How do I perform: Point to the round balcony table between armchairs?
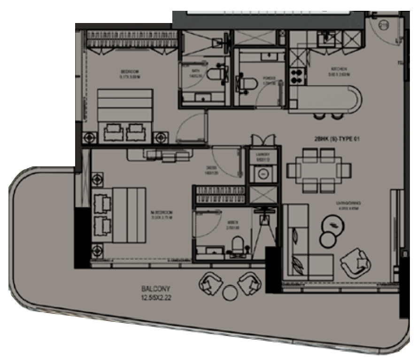coord(230,293)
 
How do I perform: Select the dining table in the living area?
coord(319,169)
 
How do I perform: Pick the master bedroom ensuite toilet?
coord(238,245)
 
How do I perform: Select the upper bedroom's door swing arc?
coord(192,127)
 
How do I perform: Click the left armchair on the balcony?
coord(211,283)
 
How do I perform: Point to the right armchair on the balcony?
coord(250,283)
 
